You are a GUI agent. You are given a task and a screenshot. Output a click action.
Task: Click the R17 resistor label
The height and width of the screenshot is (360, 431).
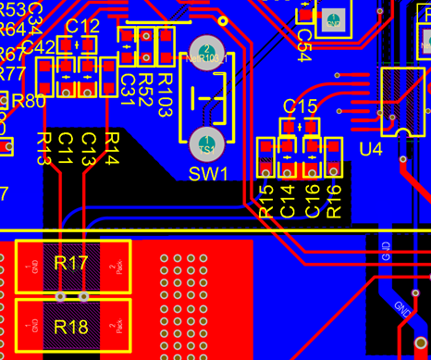pos(71,264)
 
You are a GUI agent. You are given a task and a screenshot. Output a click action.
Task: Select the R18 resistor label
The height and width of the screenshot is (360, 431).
pos(71,326)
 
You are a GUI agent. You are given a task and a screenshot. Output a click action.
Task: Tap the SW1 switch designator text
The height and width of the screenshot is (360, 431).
pos(207,173)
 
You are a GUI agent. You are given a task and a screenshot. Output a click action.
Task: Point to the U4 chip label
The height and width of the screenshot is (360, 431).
pos(370,149)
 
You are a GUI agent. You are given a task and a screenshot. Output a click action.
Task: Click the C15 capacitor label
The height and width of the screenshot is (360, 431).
pos(300,106)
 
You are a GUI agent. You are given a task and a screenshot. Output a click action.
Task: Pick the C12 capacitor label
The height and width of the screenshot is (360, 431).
pos(83,25)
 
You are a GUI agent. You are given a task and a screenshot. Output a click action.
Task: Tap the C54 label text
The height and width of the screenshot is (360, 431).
pos(303,41)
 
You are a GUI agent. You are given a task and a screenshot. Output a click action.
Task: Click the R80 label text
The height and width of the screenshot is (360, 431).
pos(27,101)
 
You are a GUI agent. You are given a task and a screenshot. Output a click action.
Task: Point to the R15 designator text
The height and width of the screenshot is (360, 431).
pos(266,201)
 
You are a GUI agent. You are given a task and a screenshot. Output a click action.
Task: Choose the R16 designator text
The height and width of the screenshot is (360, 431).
pos(334,201)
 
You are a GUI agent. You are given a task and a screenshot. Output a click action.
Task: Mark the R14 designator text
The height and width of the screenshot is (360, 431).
pos(111,148)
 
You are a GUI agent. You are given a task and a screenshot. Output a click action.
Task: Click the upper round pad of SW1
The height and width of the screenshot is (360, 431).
pos(206,53)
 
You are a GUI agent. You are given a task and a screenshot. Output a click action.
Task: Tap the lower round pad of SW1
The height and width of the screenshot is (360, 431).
pos(206,144)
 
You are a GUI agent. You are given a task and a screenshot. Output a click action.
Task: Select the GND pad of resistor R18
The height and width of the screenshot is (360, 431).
pos(34,326)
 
